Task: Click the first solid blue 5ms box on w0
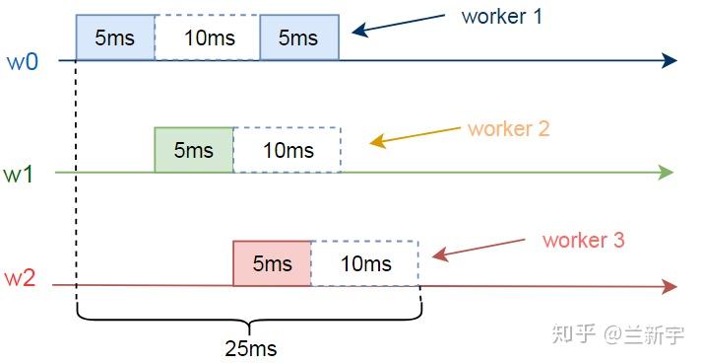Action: [115, 38]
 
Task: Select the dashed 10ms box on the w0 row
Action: [207, 38]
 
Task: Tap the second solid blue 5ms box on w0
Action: [299, 38]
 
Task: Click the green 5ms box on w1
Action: [194, 150]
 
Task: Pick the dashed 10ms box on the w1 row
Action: [287, 150]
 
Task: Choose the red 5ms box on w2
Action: [272, 263]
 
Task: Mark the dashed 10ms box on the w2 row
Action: [365, 263]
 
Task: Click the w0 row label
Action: [24, 61]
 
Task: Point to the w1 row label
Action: [19, 174]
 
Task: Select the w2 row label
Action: [21, 279]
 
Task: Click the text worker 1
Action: [501, 17]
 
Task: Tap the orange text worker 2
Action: [508, 128]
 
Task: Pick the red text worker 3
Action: [583, 240]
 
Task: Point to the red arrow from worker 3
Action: [480, 248]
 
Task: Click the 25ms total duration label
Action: [251, 348]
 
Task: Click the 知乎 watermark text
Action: [573, 334]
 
